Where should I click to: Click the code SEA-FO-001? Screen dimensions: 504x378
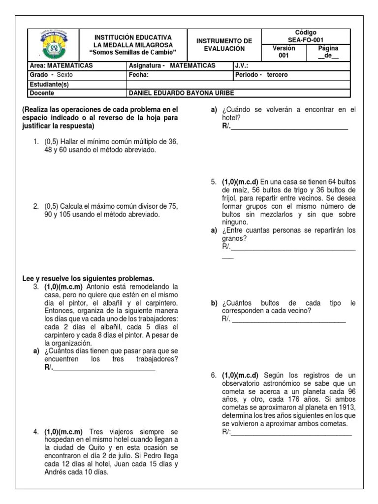[306, 40]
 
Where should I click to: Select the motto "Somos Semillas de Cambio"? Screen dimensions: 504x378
[133, 53]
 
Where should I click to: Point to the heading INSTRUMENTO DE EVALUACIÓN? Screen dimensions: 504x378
[224, 45]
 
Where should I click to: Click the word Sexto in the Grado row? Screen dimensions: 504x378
[64, 75]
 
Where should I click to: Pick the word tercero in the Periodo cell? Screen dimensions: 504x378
[277, 75]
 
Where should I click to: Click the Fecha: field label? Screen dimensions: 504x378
[139, 75]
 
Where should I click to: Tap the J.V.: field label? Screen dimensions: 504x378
[242, 65]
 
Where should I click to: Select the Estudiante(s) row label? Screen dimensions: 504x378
[51, 84]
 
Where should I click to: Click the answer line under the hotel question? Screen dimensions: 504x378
[289, 127]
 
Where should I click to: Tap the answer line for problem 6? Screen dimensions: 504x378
[291, 433]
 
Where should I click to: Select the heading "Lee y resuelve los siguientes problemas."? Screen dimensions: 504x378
[88, 278]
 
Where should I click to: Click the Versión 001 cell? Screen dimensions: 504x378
[283, 52]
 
